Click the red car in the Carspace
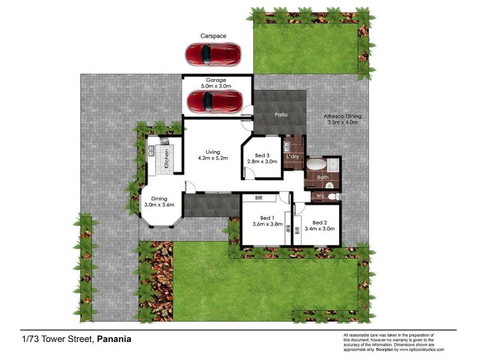[213, 54]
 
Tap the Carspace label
[213, 36]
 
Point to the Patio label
[281, 114]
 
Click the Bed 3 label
[263, 155]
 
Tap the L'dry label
[293, 157]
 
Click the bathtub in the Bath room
[316, 164]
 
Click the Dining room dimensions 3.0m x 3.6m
[159, 205]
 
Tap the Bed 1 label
[267, 218]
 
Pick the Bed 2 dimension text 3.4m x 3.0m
[320, 229]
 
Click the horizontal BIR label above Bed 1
[259, 197]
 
